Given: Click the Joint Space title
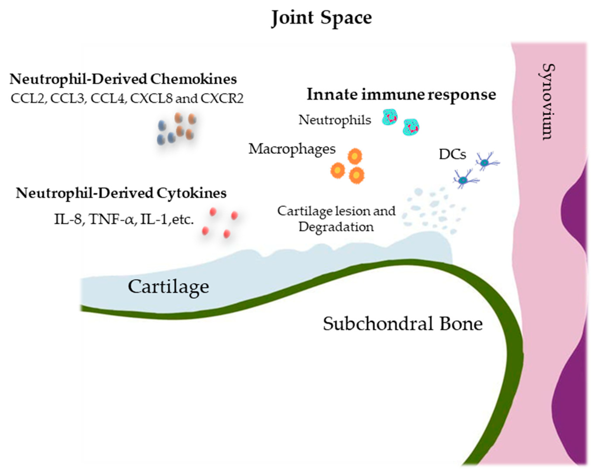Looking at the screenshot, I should point(321,18).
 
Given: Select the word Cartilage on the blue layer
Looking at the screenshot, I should point(168,287).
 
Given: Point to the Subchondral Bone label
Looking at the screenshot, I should point(403,324).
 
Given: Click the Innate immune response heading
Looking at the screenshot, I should point(401,95).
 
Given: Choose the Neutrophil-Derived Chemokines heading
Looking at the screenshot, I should point(123,79).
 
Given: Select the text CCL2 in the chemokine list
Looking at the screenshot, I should point(28,99).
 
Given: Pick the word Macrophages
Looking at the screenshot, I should point(292,149).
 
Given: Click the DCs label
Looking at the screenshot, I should point(452,155).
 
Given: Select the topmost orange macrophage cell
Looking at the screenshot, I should point(355,156).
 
